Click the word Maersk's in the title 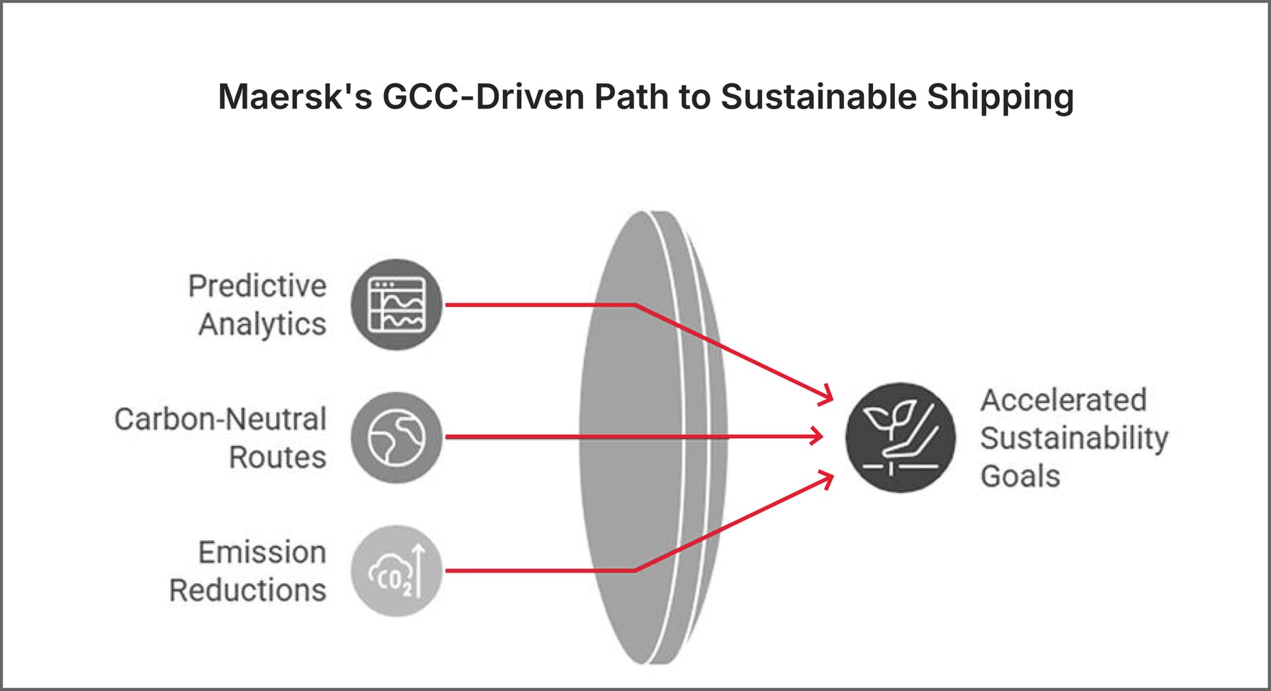coord(295,97)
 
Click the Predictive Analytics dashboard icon coord(397,304)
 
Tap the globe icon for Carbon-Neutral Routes coord(397,438)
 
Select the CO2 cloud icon coord(397,571)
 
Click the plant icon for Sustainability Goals coord(900,438)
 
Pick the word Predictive coord(258,286)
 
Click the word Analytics coord(262,324)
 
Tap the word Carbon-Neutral coord(220,419)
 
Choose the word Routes coord(277,457)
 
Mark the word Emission coord(262,552)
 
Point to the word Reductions coord(248,590)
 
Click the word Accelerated coord(1063,400)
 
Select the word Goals coord(1020,476)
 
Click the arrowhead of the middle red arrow coord(817,436)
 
